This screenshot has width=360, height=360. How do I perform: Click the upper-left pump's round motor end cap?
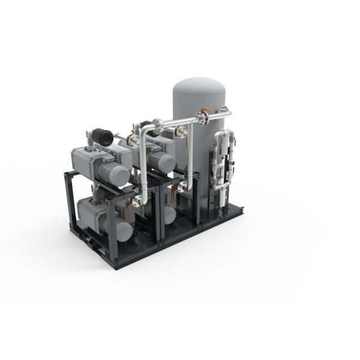[120, 175]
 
